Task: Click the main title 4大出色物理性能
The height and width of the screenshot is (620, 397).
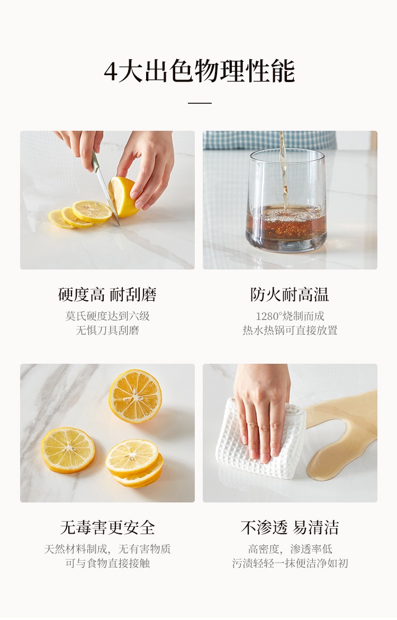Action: [199, 71]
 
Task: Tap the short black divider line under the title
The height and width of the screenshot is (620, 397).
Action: [199, 103]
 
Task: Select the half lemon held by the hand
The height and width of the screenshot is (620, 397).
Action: [123, 197]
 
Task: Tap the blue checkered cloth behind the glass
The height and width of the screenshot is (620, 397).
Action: [269, 140]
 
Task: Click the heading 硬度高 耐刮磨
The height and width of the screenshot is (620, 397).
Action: [107, 294]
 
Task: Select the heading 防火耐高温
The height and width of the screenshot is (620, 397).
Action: [290, 294]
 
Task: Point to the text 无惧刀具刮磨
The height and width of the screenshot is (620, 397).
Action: [107, 330]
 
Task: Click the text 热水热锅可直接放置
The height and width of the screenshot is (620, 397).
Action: [290, 330]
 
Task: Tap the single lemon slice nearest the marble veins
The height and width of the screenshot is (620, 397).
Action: [68, 450]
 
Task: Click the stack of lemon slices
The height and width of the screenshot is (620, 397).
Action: [133, 463]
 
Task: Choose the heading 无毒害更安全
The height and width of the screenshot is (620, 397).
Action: [107, 527]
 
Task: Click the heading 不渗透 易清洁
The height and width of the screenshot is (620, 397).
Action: [290, 527]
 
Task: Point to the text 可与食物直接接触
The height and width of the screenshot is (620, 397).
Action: [107, 563]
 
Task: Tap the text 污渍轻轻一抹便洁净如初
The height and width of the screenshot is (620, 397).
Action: [290, 563]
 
